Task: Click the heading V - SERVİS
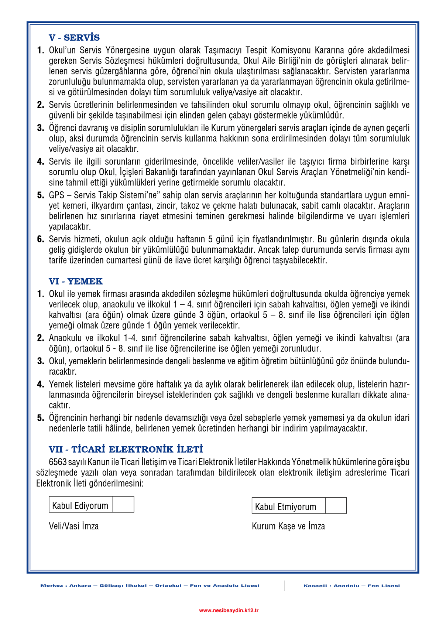tap(74, 38)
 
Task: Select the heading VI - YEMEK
tap(76, 282)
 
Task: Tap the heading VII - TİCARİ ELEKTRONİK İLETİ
tap(126, 450)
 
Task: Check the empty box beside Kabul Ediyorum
tap(123, 505)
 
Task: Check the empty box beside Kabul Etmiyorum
tap(336, 506)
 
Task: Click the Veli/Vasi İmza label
tap(74, 526)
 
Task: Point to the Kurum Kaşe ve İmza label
tap(288, 526)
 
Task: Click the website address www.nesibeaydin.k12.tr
tap(229, 610)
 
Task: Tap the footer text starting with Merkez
tap(150, 586)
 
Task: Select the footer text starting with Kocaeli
tap(352, 586)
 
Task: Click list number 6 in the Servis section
tap(40, 239)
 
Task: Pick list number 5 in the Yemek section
tap(40, 418)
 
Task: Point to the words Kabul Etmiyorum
tap(285, 507)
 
